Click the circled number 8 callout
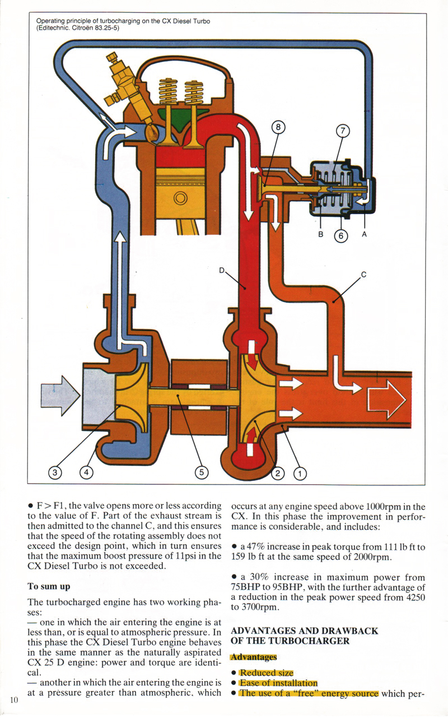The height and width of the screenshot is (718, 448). (278, 127)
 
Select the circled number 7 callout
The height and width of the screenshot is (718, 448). (343, 131)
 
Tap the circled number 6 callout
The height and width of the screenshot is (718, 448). (340, 236)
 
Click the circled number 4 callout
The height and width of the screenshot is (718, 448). (86, 473)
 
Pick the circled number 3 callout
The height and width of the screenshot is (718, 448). (54, 473)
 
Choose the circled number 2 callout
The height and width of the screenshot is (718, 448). (278, 474)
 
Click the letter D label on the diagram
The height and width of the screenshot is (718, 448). (222, 271)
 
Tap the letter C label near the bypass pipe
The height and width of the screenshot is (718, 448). (363, 274)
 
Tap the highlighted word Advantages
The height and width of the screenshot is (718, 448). (254, 657)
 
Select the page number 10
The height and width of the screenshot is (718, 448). (14, 699)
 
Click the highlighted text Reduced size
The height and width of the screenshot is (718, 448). (266, 673)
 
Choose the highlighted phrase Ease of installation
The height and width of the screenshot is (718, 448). (278, 683)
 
